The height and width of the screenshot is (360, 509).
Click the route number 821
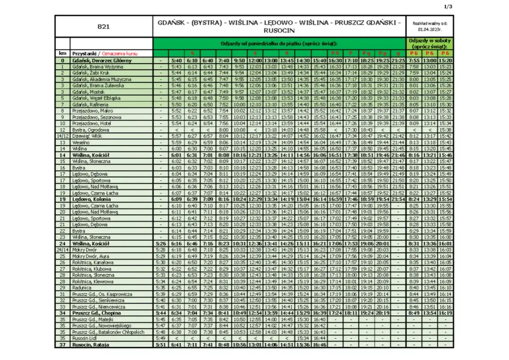[104, 26]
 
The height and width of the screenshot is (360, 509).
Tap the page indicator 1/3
[448, 7]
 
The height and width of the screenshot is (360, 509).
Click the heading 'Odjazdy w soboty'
[429, 41]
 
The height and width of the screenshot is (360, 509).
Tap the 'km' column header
[62, 54]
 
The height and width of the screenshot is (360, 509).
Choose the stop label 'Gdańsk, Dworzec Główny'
[102, 60]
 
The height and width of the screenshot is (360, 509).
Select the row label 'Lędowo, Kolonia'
[91, 199]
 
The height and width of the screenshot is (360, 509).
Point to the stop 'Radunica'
[82, 287]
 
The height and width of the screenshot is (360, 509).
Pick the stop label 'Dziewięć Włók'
[86, 136]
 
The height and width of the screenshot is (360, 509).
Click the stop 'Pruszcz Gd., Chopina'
[96, 313]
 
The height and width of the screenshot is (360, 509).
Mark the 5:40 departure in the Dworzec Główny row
[177, 60]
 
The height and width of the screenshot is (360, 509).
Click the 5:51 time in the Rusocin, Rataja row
[161, 345]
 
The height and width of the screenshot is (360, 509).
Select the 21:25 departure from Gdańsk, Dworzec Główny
[398, 60]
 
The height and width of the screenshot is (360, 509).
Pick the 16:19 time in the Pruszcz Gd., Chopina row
[445, 313]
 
